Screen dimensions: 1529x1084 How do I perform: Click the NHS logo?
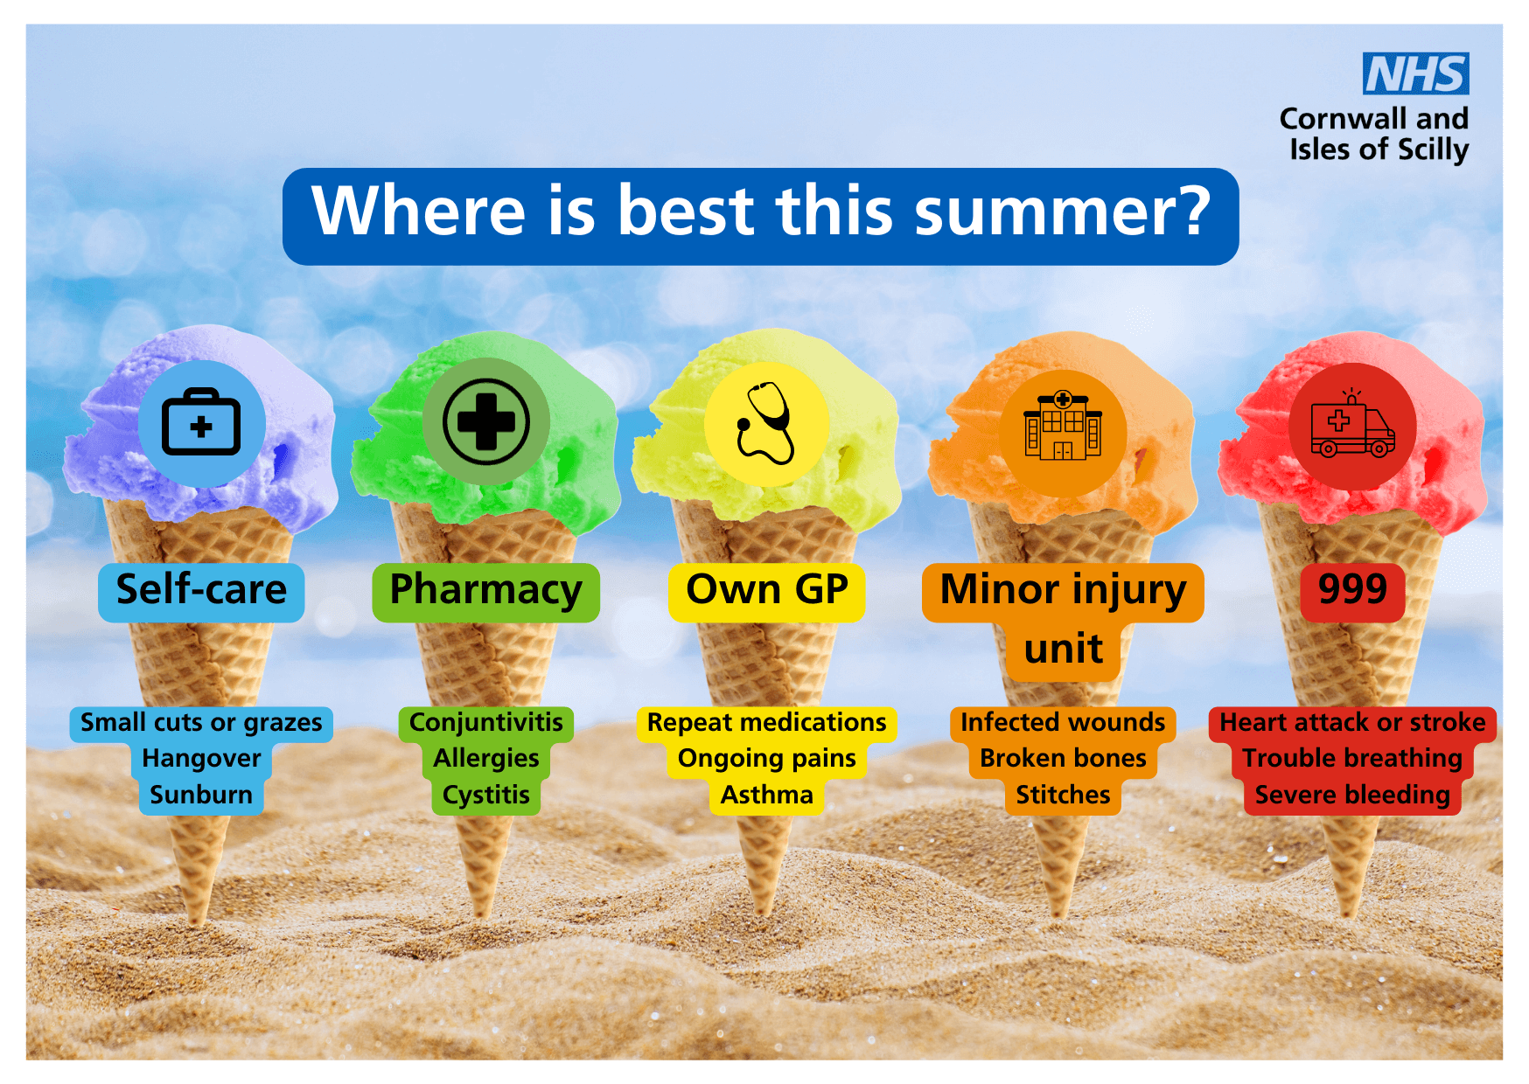pos(1415,73)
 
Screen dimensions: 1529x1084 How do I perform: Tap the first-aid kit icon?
pos(201,421)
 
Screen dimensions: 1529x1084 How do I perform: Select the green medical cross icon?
pos(486,421)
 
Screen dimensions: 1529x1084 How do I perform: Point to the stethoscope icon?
pos(766,423)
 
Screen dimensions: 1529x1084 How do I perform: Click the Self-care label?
pos(201,592)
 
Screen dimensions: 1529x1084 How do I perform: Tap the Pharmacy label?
pos(486,592)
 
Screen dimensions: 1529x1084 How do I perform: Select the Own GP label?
pos(767,592)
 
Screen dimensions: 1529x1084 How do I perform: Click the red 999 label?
pos(1352,592)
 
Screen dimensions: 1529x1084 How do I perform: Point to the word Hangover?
pos(201,758)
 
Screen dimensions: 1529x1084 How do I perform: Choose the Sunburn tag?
pos(201,796)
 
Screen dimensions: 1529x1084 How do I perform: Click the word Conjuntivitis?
pos(486,723)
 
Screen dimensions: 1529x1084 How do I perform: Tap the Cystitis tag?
pos(486,796)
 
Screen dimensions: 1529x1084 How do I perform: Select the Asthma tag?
pos(767,796)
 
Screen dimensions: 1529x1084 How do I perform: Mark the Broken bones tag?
pos(1063,759)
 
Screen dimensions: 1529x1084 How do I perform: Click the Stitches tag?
pos(1063,796)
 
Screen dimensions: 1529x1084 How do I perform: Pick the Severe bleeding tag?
pos(1352,796)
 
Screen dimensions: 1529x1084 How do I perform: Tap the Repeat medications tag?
pos(767,723)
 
